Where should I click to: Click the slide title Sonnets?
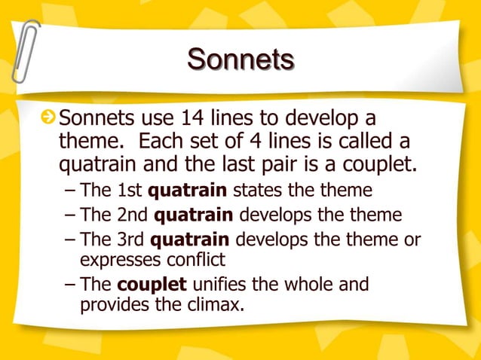240,59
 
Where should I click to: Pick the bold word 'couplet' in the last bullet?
154,285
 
